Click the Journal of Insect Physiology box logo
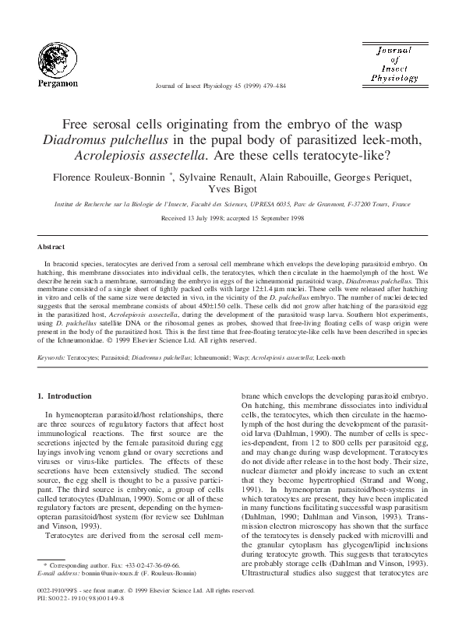point(394,63)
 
